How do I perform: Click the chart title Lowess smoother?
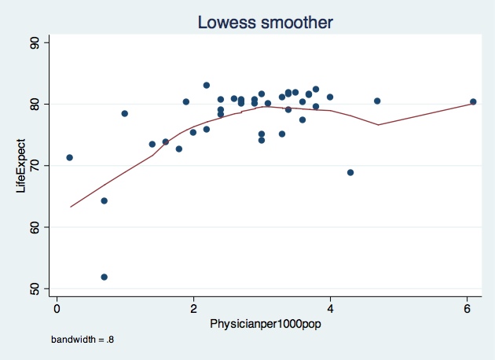pyautogui.click(x=266, y=23)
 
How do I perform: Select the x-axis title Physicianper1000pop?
pyautogui.click(x=262, y=323)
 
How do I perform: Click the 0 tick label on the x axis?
pyautogui.click(x=57, y=307)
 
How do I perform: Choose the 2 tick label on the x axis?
pyautogui.click(x=193, y=307)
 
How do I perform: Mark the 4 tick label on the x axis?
pyautogui.click(x=330, y=307)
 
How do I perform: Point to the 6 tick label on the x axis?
pyautogui.click(x=467, y=307)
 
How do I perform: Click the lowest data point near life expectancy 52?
pyautogui.click(x=104, y=277)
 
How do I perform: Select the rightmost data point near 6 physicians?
pyautogui.click(x=473, y=101)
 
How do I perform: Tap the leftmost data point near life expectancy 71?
pyautogui.click(x=69, y=157)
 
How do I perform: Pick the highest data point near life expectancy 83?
pyautogui.click(x=207, y=85)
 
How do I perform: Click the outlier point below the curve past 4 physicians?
pyautogui.click(x=350, y=172)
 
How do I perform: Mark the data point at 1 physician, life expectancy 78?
pyautogui.click(x=124, y=113)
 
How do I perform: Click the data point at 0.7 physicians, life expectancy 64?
pyautogui.click(x=104, y=200)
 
